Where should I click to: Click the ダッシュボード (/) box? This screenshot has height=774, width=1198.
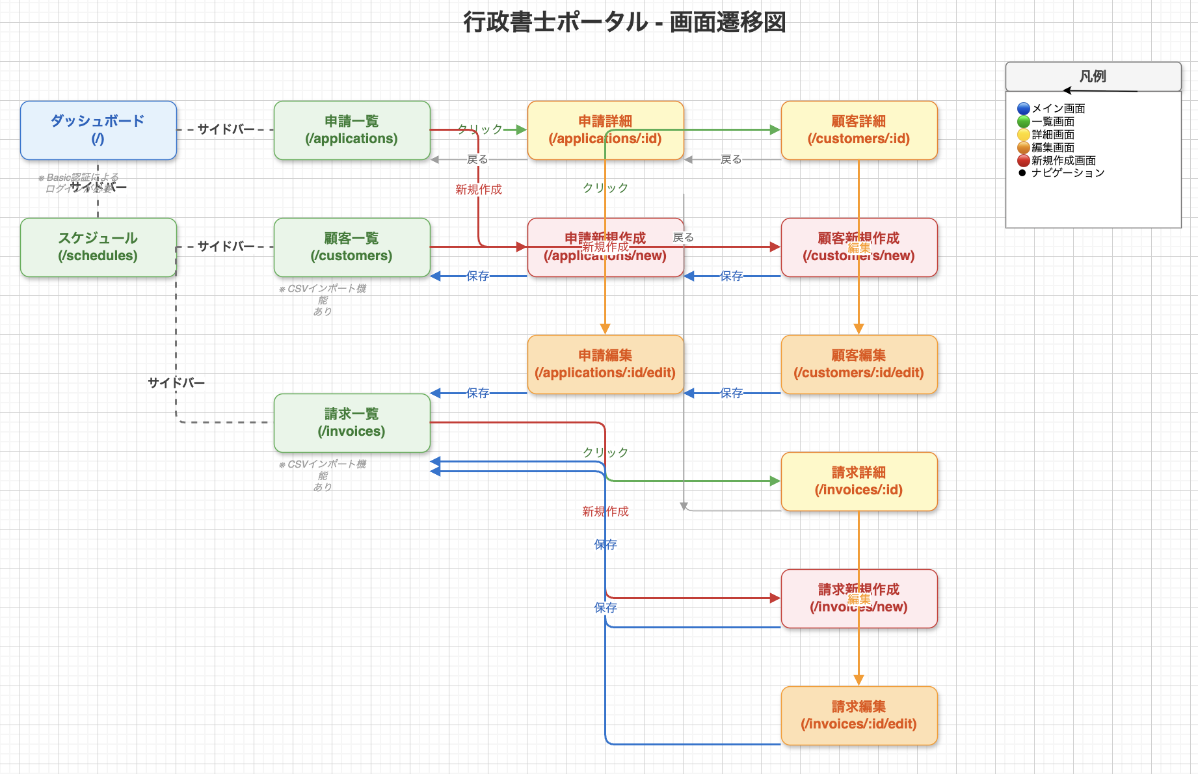coord(98,130)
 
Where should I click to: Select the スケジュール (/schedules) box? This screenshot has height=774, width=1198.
coord(98,247)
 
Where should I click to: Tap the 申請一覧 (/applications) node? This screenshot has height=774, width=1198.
coord(352,130)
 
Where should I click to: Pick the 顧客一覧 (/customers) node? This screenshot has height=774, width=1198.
coord(352,247)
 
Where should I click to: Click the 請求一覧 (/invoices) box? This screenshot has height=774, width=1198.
coord(352,423)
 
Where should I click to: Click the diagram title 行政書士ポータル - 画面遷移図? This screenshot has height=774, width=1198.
coord(624,22)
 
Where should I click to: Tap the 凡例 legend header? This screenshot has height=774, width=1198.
coord(1093,76)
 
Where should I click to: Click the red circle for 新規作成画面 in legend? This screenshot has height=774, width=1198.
coord(1024,161)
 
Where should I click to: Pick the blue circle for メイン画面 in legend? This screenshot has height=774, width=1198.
coord(1024,109)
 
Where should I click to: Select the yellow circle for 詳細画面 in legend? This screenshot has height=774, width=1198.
coord(1024,135)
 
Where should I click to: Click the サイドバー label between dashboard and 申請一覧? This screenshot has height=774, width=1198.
coord(226,129)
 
